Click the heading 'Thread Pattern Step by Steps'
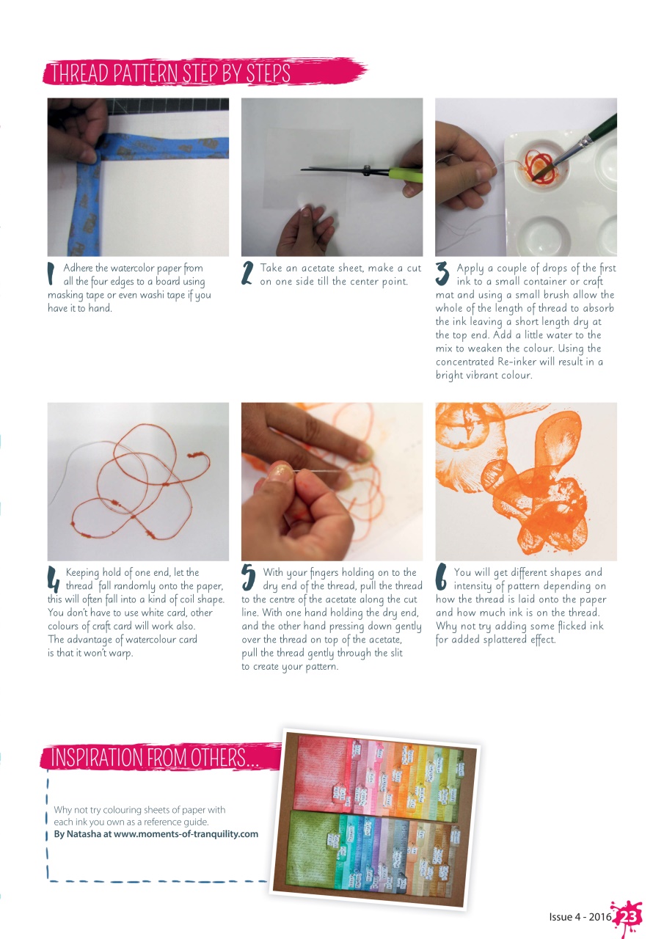tap(169, 73)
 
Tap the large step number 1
tap(51, 274)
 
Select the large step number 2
tap(248, 274)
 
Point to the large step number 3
tap(442, 274)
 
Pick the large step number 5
tap(249, 578)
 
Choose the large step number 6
tap(442, 578)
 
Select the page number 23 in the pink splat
tap(627, 918)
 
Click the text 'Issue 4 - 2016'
tap(580, 917)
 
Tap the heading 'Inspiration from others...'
tap(154, 758)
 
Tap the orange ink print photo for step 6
tap(525, 481)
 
